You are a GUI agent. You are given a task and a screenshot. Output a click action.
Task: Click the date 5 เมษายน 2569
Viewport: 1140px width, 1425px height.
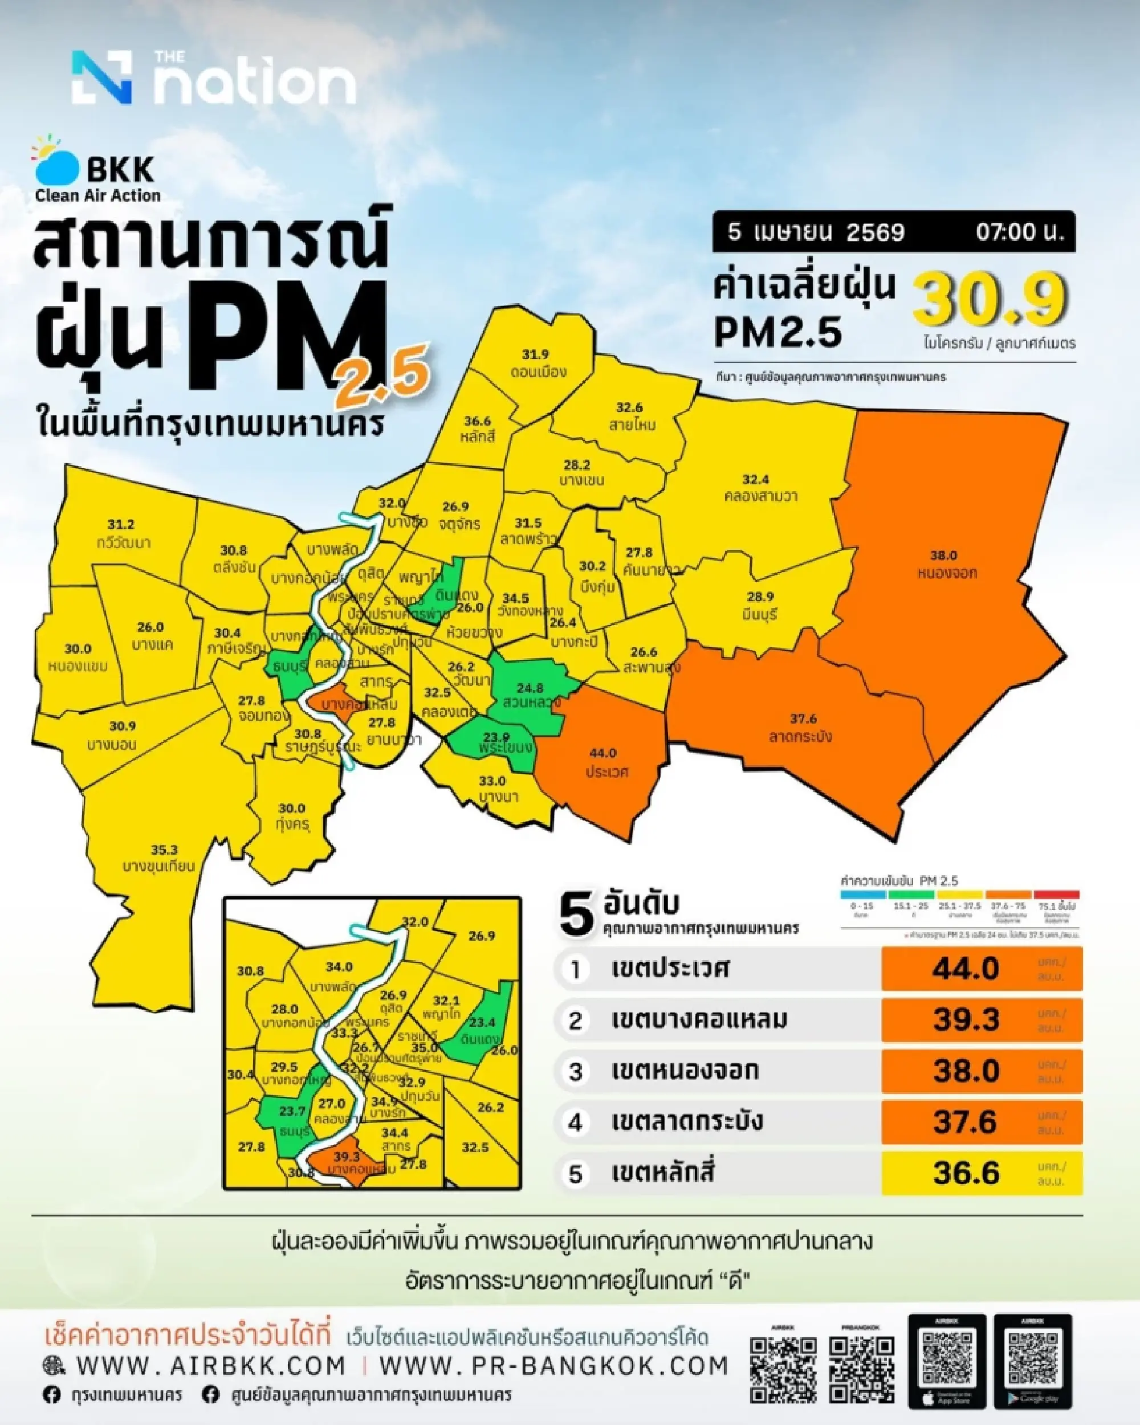click(x=816, y=232)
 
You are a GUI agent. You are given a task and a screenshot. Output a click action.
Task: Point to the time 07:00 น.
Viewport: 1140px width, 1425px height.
click(x=1019, y=232)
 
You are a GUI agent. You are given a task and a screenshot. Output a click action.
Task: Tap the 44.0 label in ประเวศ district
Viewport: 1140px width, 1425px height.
click(x=602, y=753)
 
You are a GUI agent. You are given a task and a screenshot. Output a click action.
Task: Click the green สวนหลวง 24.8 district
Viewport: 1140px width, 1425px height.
click(x=530, y=693)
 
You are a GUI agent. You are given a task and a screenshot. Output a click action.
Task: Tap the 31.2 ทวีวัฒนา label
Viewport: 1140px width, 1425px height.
click(x=121, y=533)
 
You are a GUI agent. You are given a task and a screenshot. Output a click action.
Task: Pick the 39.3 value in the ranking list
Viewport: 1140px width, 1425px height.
click(x=966, y=1020)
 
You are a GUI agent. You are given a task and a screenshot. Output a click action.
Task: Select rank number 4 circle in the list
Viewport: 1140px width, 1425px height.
click(x=575, y=1122)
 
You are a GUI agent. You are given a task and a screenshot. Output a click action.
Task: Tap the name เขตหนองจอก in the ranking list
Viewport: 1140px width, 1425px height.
click(x=685, y=1071)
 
